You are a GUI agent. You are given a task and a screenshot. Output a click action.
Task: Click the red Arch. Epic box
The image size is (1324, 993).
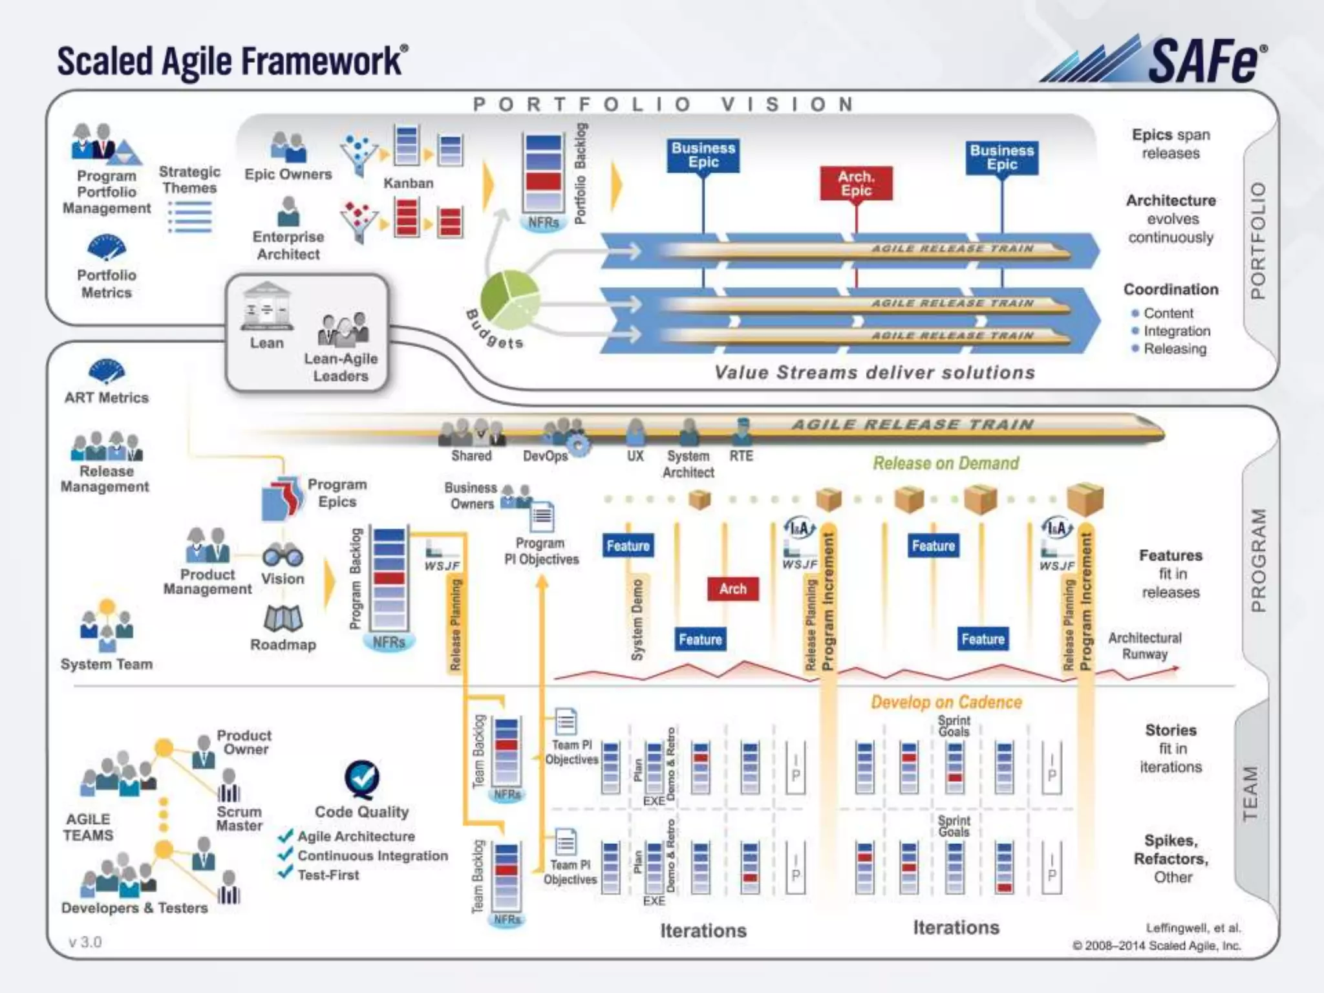[856, 184]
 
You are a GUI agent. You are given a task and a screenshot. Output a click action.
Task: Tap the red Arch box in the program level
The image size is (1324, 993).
[732, 589]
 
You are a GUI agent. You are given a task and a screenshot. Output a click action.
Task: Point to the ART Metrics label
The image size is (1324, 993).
[107, 398]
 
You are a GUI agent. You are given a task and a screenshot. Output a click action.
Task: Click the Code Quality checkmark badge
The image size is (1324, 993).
[362, 778]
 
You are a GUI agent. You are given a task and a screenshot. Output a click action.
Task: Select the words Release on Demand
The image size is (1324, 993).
[946, 464]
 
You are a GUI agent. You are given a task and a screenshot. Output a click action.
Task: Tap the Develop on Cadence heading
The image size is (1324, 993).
[946, 702]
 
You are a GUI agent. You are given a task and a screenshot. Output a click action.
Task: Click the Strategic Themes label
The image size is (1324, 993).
[189, 180]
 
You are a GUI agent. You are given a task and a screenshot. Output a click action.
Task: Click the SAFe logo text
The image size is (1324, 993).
[1205, 61]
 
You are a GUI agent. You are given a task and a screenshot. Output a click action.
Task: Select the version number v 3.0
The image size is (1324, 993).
[85, 942]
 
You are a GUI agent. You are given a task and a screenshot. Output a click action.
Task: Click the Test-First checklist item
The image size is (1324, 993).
[328, 875]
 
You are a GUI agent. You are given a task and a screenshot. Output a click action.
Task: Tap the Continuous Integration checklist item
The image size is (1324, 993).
[372, 856]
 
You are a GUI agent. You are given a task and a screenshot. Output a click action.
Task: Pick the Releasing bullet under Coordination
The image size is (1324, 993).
[1175, 349]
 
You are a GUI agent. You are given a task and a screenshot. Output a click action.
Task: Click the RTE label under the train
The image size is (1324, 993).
[741, 456]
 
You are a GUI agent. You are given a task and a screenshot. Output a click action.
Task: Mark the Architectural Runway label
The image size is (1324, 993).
[1144, 646]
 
